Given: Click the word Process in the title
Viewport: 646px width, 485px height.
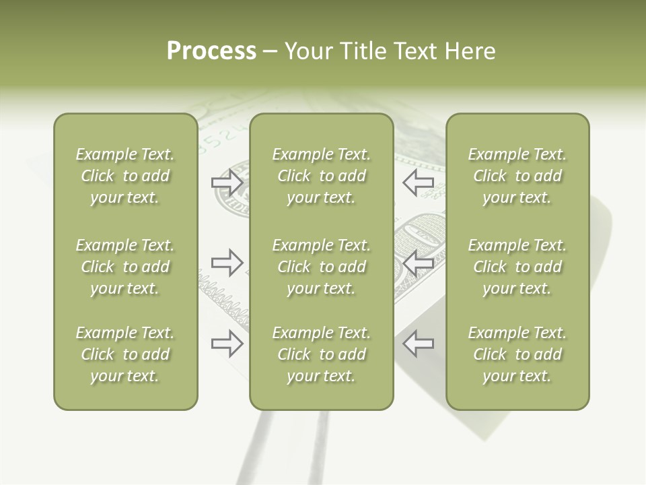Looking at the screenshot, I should tap(211, 51).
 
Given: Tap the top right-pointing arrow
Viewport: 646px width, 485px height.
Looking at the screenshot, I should tap(227, 183).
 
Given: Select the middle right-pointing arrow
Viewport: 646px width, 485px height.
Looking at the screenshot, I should tap(227, 263).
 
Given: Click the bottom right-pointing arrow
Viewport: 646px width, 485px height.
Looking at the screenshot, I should tap(227, 344).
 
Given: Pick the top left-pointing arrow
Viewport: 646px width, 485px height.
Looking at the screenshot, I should tap(418, 183).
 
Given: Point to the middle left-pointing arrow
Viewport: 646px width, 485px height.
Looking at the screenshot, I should tap(418, 263).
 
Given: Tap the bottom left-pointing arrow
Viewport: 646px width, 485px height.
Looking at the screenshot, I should tap(418, 344).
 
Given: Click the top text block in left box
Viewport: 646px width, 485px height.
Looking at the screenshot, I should tap(125, 176).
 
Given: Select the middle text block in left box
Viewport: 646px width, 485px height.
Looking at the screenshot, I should tap(125, 267).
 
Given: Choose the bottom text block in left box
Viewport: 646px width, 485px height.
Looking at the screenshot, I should tap(125, 354).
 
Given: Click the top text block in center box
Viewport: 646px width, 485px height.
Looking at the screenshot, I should tap(321, 176).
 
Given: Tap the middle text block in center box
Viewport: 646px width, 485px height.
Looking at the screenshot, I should tap(321, 267).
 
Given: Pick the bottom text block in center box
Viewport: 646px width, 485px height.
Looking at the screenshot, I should tap(321, 354).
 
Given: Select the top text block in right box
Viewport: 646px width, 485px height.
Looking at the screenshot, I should tap(517, 176).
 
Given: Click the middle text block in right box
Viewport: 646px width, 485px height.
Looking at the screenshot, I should tap(517, 267).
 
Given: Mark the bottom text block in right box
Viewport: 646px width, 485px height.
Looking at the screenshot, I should tap(517, 354).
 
